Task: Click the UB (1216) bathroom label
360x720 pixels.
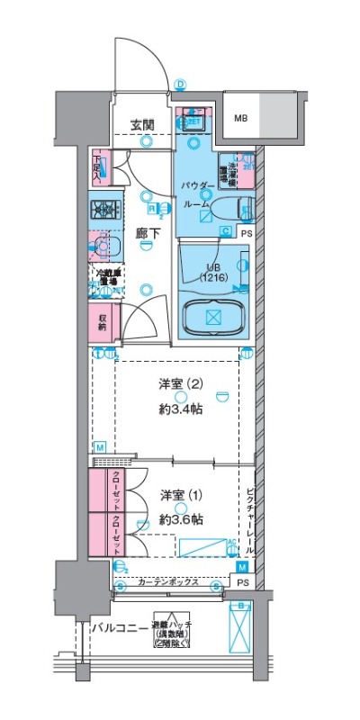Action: [x=213, y=273]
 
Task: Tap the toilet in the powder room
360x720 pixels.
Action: [x=246, y=209]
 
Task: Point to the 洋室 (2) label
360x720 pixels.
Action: [x=181, y=384]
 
